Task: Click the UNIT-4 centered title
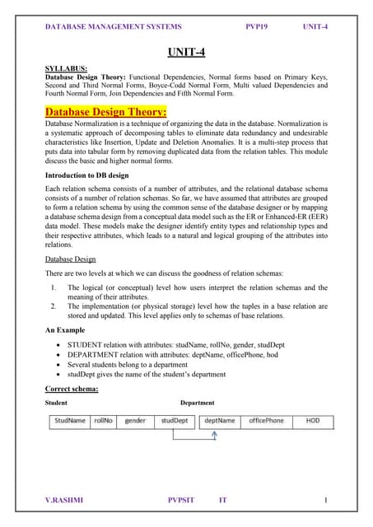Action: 186,53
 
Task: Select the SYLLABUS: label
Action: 67,68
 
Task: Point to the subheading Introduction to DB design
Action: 96,175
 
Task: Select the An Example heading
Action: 67,329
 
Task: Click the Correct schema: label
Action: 72,388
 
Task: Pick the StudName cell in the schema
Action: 70,421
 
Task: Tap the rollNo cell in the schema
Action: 103,421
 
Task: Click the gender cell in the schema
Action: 135,421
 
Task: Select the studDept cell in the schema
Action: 174,421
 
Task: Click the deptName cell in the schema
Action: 219,421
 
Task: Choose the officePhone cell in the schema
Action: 266,421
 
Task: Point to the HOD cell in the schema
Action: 313,421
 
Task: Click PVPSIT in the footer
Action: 183,500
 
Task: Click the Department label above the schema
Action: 197,403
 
